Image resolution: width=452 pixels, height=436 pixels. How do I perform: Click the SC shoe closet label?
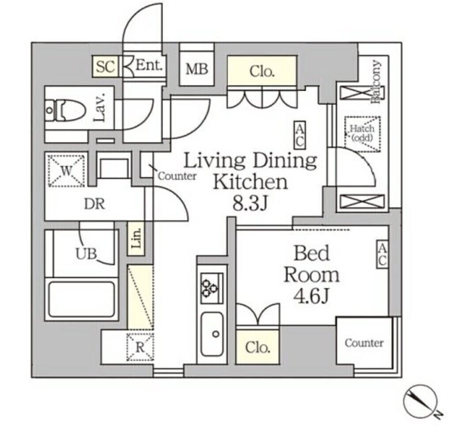[105, 67]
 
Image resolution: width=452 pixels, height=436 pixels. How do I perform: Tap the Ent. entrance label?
[149, 66]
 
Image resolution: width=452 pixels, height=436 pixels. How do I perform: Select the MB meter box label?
[196, 69]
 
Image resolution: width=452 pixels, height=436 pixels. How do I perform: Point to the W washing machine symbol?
[66, 170]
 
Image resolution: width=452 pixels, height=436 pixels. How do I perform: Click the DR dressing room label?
[94, 204]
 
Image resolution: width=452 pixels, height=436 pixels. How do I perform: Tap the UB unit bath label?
[86, 254]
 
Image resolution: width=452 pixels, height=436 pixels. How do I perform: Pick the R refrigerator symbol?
[140, 347]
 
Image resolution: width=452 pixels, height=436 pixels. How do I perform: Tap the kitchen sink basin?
[212, 334]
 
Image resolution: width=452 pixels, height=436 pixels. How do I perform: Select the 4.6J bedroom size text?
[311, 296]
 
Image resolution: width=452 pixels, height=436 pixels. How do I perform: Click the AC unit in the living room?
[300, 135]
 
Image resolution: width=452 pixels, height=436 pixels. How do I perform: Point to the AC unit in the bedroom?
[382, 254]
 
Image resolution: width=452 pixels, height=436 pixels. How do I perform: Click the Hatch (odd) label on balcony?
[362, 133]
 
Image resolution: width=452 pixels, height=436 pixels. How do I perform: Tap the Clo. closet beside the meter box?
[262, 71]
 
